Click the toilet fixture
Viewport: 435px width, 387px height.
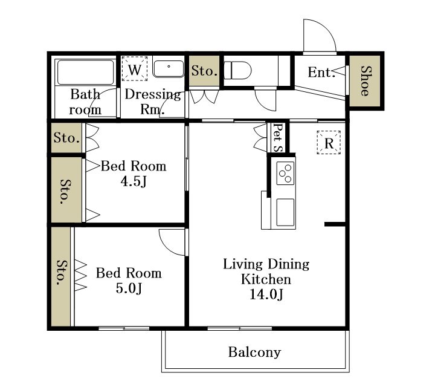[x=237, y=71]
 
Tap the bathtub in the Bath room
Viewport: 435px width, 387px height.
[x=85, y=72]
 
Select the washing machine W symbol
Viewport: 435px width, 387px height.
[x=135, y=69]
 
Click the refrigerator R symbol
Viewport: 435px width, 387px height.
[x=329, y=143]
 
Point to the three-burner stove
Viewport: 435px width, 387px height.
[x=285, y=173]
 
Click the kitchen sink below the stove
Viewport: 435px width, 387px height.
[x=285, y=212]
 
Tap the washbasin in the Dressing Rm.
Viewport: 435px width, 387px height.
[x=169, y=69]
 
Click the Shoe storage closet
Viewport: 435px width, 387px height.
[x=365, y=81]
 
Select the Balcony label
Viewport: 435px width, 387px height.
[x=254, y=353]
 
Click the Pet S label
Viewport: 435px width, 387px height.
[x=278, y=137]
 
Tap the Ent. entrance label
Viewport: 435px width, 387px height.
[x=320, y=73]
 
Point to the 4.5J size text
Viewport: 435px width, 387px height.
[x=134, y=181]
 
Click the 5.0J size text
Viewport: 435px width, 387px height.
[x=129, y=288]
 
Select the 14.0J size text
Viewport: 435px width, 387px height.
[x=266, y=294]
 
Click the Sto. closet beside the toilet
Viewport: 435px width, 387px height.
[x=204, y=71]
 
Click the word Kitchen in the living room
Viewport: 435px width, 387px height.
[x=266, y=279]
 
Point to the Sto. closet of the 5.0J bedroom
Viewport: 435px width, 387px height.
[x=61, y=277]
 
